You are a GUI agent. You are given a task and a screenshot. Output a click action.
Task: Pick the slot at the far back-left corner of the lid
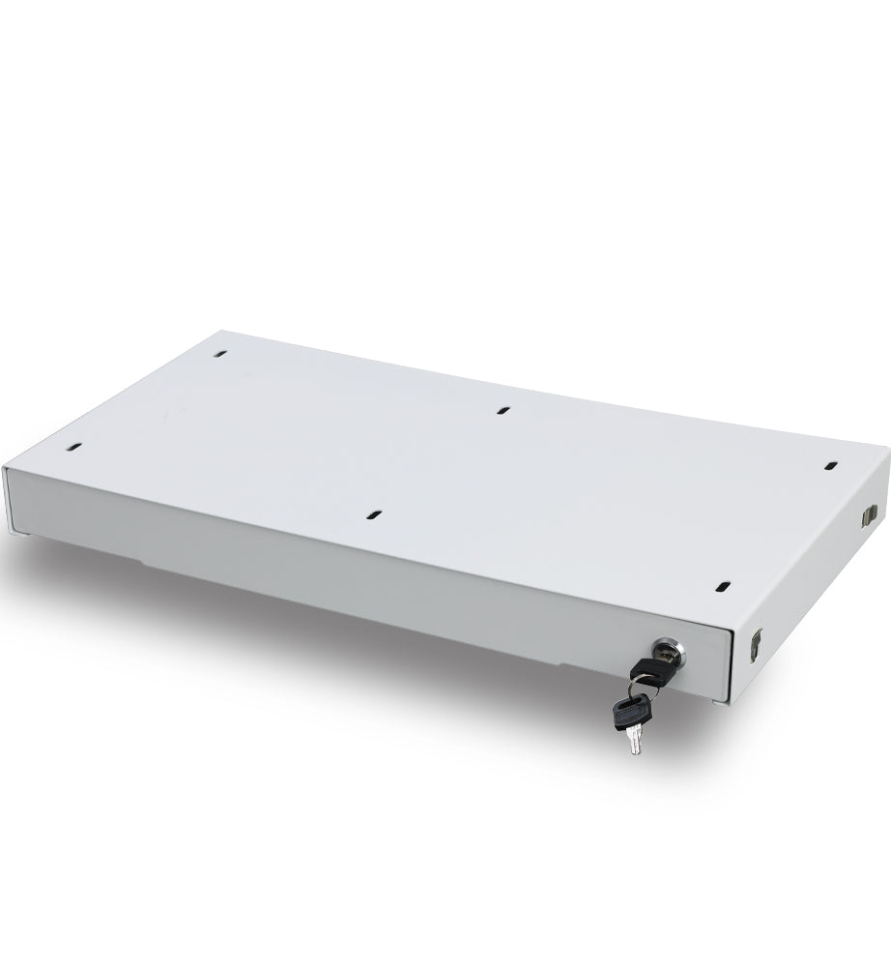pyautogui.click(x=221, y=355)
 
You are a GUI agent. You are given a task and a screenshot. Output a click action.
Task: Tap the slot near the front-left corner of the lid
pyautogui.click(x=73, y=448)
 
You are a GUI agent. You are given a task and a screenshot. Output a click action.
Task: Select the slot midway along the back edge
pyautogui.click(x=503, y=410)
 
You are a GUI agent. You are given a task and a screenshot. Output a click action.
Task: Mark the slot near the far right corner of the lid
pyautogui.click(x=829, y=466)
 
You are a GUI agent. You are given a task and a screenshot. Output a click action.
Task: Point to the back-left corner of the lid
pyautogui.click(x=212, y=328)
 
